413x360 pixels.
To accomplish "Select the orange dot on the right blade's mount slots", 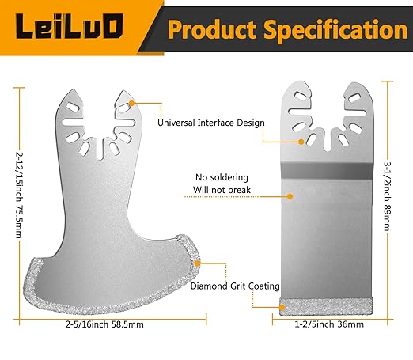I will tap(301, 142).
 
